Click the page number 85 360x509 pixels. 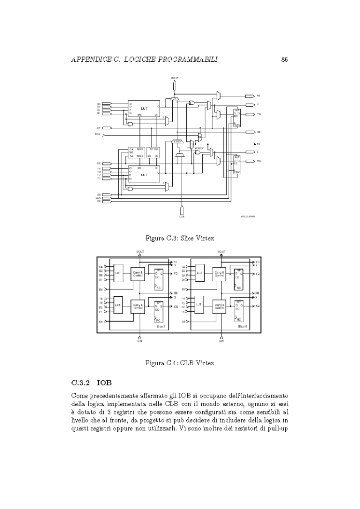[284, 59]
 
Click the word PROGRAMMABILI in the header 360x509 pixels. [185, 59]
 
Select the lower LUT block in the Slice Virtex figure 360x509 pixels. [144, 175]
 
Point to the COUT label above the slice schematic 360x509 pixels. [175, 78]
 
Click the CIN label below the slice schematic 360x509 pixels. [181, 217]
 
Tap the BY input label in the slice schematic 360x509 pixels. [98, 128]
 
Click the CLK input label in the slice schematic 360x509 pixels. [98, 198]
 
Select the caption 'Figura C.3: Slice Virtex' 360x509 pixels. [180, 237]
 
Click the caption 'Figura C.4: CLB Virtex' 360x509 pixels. [180, 363]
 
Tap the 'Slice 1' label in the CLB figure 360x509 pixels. [161, 327]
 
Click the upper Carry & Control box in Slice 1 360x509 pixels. [138, 274]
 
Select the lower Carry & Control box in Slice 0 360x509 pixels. [220, 306]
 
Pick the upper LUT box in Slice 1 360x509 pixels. [118, 273]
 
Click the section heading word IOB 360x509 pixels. [104, 384]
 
